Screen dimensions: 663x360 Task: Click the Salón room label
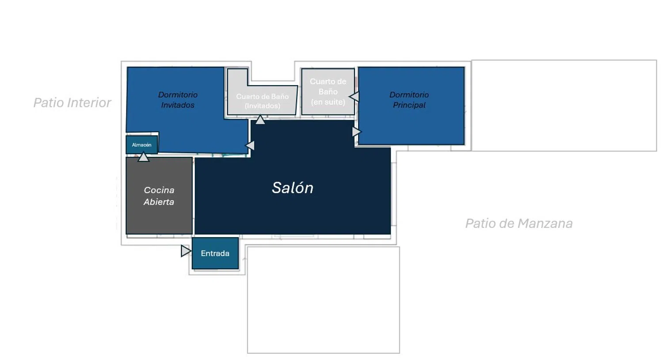293,188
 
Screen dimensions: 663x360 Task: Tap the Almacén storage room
142,144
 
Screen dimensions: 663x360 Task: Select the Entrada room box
215,253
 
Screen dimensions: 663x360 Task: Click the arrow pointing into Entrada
186,251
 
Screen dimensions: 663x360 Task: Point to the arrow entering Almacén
144,157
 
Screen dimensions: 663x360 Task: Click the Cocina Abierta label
159,196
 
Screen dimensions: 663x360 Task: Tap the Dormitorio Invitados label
178,100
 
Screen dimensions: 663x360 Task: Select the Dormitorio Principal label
409,100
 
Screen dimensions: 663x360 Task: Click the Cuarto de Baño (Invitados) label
262,101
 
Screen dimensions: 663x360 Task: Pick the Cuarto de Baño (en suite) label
328,91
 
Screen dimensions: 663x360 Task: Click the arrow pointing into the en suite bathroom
354,96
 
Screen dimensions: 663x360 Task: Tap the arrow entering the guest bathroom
260,120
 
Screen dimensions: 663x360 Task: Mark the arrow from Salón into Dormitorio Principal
357,132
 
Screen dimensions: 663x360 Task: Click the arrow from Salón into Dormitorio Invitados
250,145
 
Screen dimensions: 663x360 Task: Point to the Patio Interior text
72,102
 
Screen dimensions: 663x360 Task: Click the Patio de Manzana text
519,224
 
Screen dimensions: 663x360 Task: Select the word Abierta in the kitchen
159,202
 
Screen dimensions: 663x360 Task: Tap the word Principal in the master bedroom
409,105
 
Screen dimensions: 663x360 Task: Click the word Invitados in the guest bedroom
178,105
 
